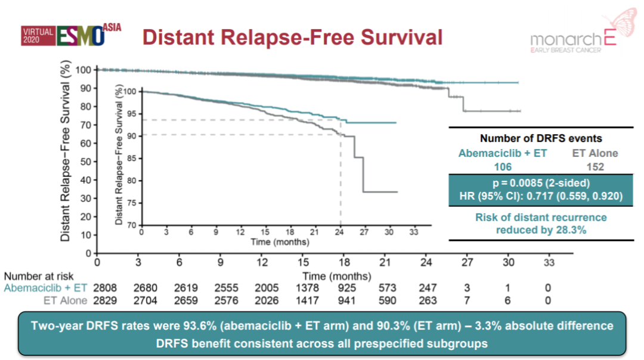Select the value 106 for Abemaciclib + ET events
[502, 167]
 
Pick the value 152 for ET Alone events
[595, 167]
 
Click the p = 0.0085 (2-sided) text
[541, 183]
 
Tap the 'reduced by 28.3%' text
[541, 229]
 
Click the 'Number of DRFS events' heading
[541, 139]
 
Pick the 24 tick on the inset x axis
[340, 232]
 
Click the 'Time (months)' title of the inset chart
[279, 242]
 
